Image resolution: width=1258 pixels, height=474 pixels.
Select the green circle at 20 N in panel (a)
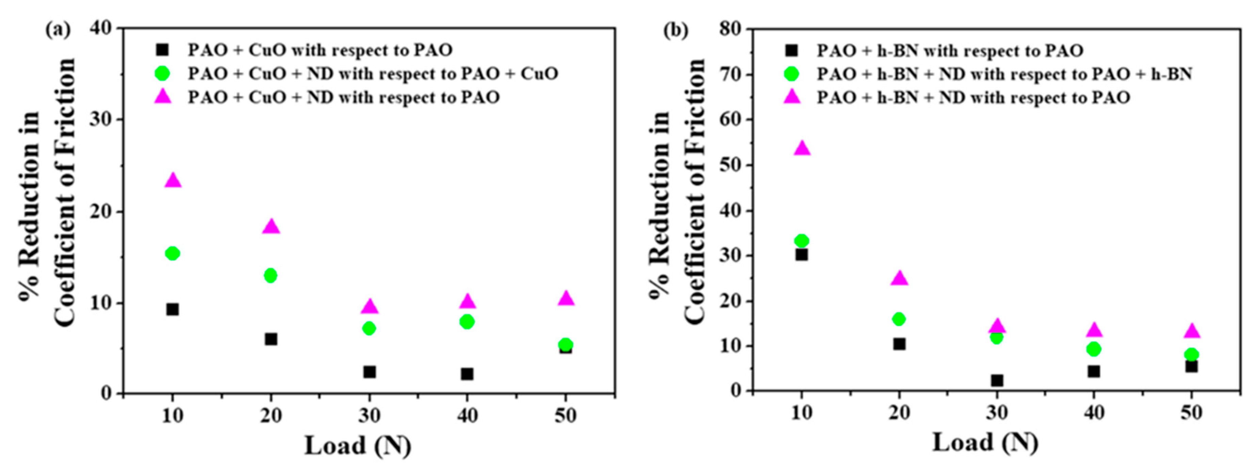point(271,275)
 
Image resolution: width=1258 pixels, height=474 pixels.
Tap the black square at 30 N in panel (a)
point(369,372)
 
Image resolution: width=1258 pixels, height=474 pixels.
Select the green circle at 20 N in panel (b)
point(899,319)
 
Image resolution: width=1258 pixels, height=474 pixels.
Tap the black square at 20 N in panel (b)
point(899,344)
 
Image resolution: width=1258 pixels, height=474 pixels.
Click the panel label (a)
point(58,30)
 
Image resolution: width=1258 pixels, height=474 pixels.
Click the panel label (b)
point(676,30)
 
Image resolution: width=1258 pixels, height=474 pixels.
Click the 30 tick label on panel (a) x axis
point(369,415)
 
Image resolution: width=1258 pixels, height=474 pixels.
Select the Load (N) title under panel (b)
point(985,443)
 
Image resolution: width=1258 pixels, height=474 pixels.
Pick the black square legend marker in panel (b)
point(791,50)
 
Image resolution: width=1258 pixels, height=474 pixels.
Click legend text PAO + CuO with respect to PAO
point(320,50)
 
